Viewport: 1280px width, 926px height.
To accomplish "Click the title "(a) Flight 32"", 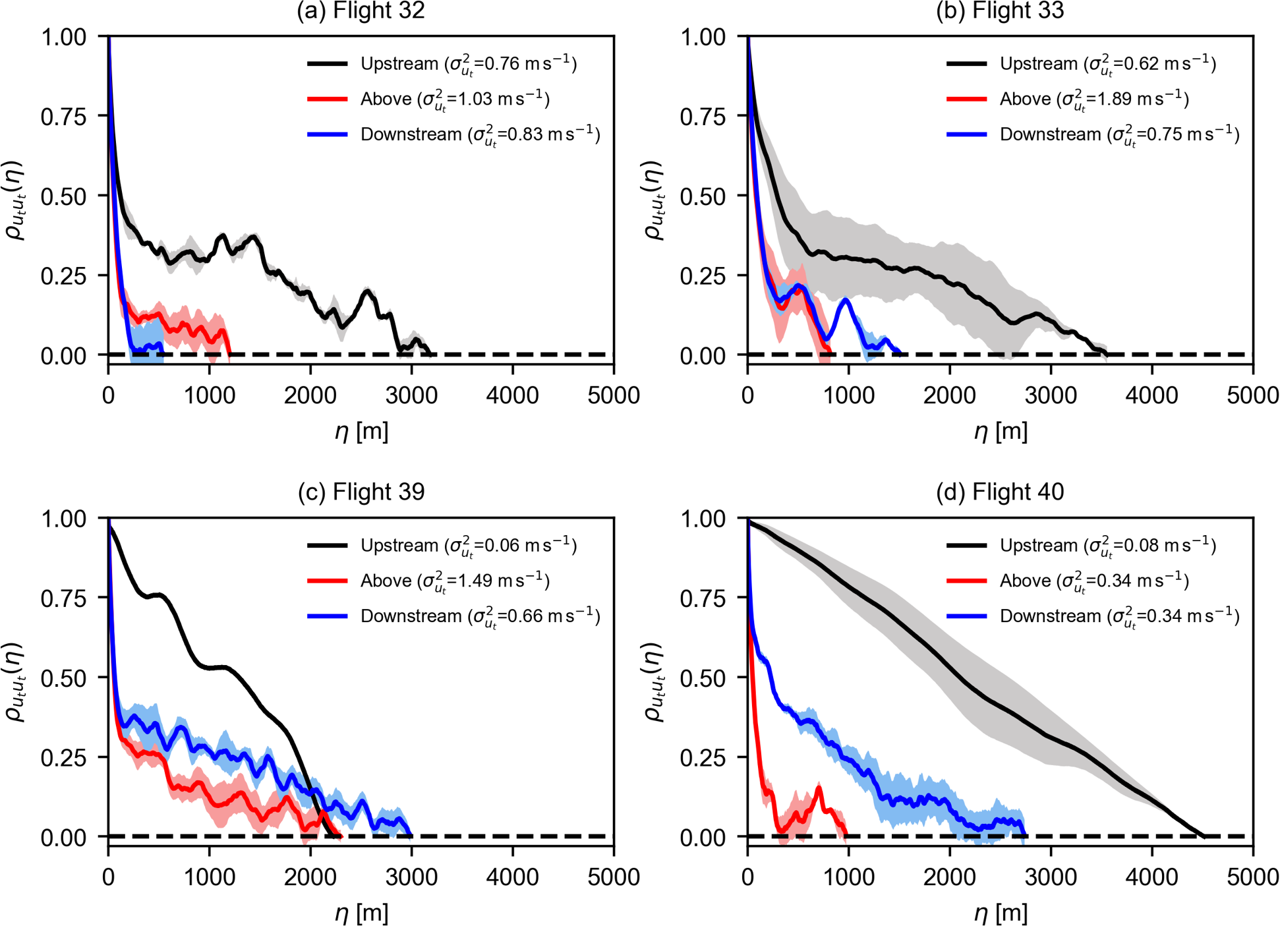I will [361, 11].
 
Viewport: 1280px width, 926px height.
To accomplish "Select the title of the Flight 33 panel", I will [1000, 11].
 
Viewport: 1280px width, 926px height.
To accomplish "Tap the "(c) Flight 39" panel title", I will [361, 492].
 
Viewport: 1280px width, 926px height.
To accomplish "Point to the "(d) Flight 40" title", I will [1000, 492].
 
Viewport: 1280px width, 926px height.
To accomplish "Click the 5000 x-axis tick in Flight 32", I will [614, 395].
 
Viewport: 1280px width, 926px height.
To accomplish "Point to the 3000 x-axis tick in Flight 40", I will [1051, 877].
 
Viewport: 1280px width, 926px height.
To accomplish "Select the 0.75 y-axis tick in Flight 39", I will [63, 598].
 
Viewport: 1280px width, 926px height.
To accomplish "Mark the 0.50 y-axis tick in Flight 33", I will [703, 196].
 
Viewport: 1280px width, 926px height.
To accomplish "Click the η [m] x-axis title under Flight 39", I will [361, 913].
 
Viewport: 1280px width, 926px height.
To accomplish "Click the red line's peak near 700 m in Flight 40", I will [819, 787].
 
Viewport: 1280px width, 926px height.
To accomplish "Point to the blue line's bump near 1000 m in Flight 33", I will [847, 300].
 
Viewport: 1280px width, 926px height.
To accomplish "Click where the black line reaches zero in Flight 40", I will [1204, 836].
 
